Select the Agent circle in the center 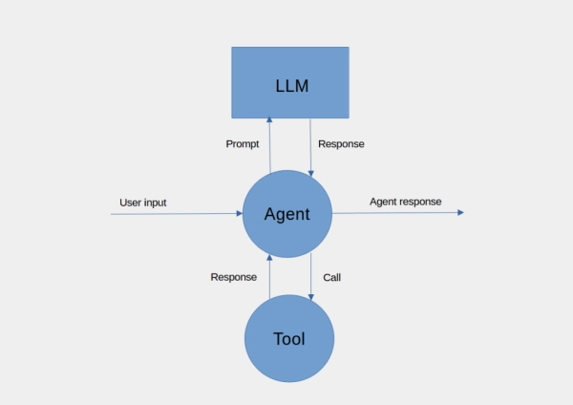point(286,213)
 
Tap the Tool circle point(288,338)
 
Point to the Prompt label point(243,144)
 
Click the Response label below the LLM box point(341,144)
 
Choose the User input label point(144,202)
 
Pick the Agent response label point(405,202)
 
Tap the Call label point(331,277)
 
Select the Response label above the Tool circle point(233,277)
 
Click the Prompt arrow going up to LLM point(269,148)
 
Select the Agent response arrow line point(396,213)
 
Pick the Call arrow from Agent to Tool point(311,277)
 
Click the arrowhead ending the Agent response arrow point(460,212)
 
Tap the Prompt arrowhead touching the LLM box point(269,119)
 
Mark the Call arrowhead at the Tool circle point(311,298)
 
